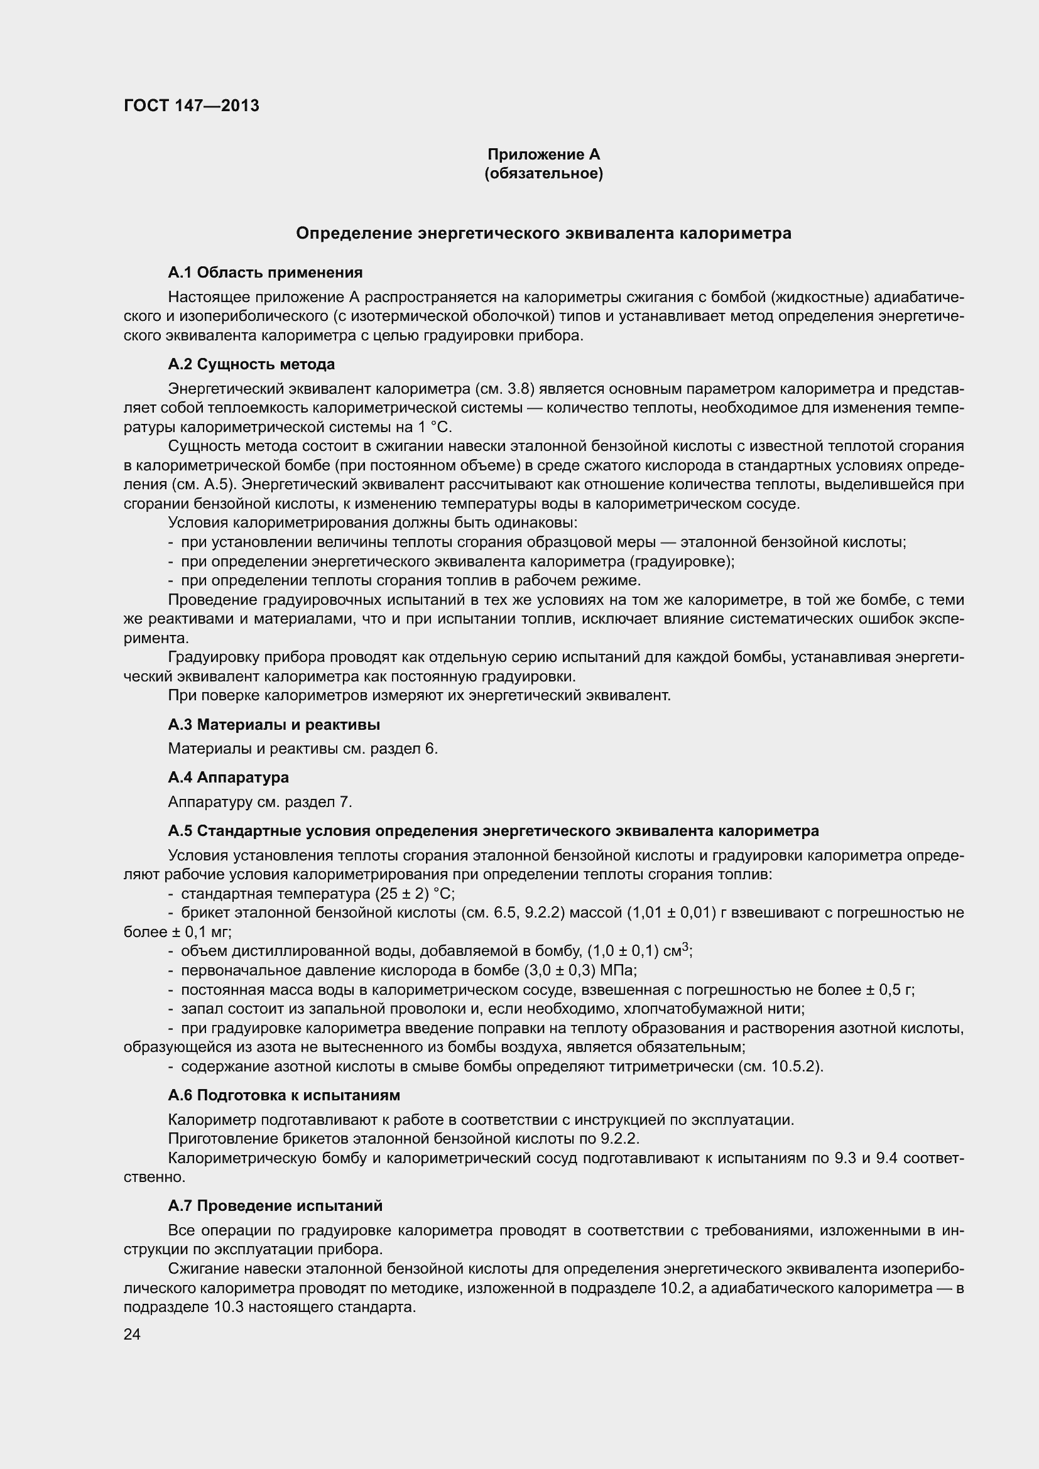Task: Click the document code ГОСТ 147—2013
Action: pyautogui.click(x=192, y=106)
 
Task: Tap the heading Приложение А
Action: pyautogui.click(x=543, y=154)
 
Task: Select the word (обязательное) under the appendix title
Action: pyautogui.click(x=543, y=173)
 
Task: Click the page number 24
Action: pyautogui.click(x=132, y=1334)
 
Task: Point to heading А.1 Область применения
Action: pyautogui.click(x=265, y=273)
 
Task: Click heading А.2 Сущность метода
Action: pyautogui.click(x=251, y=364)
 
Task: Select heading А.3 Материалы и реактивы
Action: pyautogui.click(x=274, y=724)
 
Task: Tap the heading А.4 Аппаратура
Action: pyautogui.click(x=228, y=778)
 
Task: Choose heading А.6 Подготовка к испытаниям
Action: pyautogui.click(x=283, y=1095)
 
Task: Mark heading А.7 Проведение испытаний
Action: pyautogui.click(x=275, y=1205)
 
